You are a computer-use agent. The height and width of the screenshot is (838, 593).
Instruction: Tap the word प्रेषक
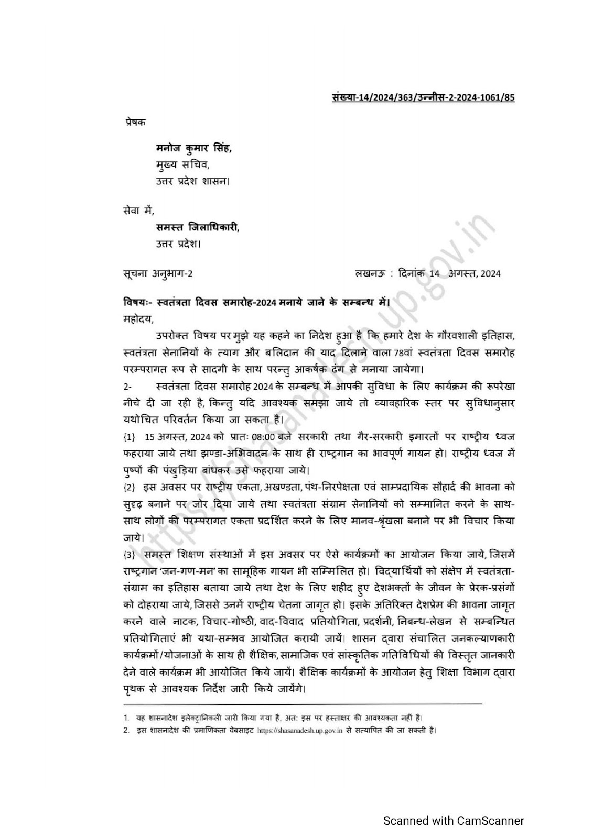pyautogui.click(x=136, y=122)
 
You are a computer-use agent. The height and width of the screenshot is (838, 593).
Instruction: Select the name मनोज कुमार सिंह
pyautogui.click(x=193, y=149)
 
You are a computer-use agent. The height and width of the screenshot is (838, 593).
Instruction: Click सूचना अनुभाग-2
pyautogui.click(x=158, y=273)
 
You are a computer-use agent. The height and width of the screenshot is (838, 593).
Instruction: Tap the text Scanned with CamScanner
pyautogui.click(x=454, y=820)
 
